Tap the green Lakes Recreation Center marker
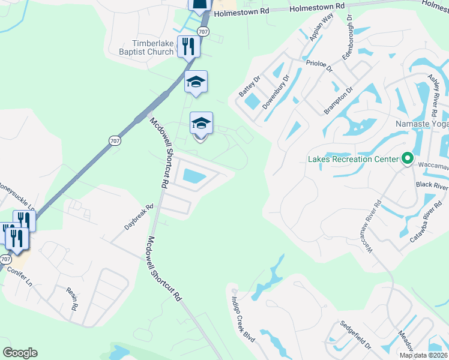click(x=407, y=159)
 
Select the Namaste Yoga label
click(x=422, y=124)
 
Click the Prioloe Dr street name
click(x=319, y=64)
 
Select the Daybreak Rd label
click(x=139, y=218)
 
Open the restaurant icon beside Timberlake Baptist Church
click(x=188, y=46)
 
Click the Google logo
click(x=20, y=352)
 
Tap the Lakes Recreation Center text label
click(x=353, y=159)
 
